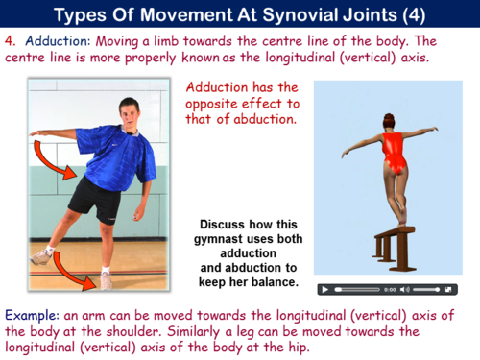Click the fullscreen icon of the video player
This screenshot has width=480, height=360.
451,289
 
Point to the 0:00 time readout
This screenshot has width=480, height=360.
390,289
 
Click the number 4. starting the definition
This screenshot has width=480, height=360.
10,42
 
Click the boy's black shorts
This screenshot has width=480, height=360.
94,198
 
